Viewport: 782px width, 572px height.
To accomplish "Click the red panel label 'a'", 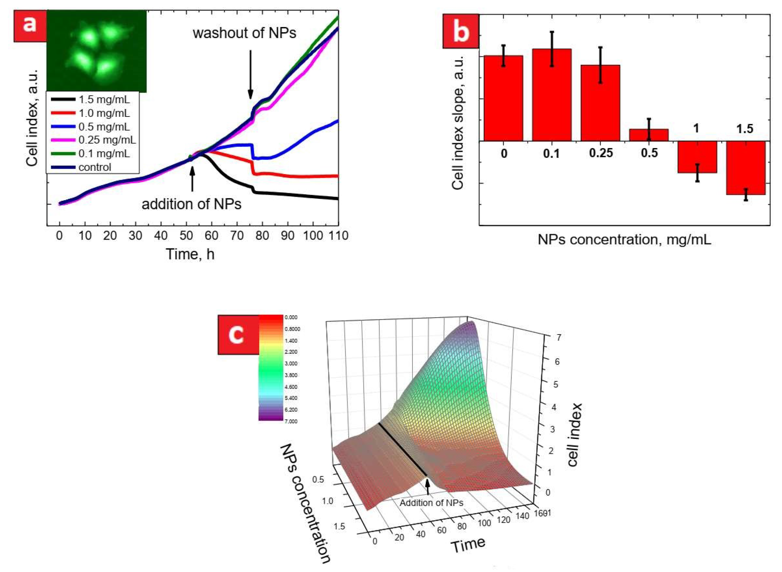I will coord(29,26).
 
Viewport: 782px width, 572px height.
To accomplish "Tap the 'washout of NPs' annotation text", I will coord(245,33).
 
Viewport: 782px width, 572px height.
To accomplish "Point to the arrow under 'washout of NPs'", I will coord(250,74).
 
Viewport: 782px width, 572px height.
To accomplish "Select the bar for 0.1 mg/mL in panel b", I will coord(551,95).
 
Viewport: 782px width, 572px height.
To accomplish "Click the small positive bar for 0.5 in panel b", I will coord(649,135).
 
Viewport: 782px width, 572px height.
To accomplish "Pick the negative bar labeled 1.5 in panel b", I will coord(745,168).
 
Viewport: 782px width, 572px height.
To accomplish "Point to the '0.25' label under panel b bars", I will coord(601,153).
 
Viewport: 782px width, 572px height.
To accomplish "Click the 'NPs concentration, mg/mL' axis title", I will coord(624,240).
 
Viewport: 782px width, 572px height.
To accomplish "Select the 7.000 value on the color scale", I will coord(291,421).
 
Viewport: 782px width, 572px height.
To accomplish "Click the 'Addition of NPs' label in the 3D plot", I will coord(431,503).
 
